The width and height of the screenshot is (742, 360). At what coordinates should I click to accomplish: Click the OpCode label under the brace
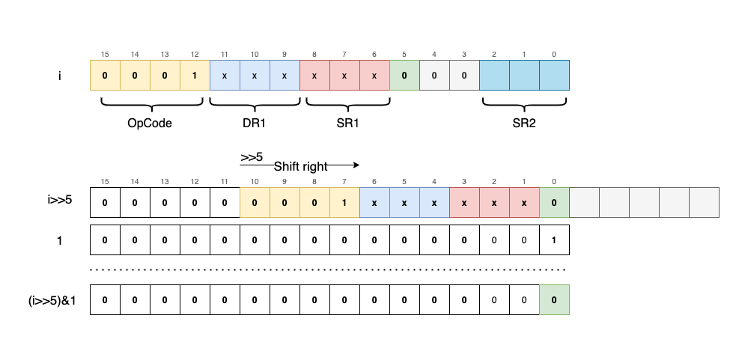[149, 123]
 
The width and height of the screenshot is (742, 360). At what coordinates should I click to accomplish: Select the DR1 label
[254, 123]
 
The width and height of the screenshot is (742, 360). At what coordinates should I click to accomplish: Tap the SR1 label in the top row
[344, 123]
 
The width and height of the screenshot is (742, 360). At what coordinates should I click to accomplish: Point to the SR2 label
[523, 123]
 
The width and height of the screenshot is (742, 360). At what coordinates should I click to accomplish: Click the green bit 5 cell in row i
[404, 76]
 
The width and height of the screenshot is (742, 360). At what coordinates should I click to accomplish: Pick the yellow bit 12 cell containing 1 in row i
[195, 76]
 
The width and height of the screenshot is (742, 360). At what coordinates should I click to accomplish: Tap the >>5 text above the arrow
[252, 157]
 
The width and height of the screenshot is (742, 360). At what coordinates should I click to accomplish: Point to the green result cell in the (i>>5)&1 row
[554, 299]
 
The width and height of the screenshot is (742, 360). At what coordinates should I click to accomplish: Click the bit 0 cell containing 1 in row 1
[554, 240]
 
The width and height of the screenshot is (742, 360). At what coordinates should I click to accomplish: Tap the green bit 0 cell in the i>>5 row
[554, 202]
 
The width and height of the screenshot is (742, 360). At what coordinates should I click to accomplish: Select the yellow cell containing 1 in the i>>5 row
[344, 202]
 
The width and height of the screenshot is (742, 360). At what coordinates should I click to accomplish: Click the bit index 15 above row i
[105, 54]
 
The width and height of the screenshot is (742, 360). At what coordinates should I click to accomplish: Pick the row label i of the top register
[59, 76]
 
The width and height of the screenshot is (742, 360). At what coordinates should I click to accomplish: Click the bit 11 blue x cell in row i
[225, 76]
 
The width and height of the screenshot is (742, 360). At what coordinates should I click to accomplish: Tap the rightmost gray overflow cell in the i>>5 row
[704, 202]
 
